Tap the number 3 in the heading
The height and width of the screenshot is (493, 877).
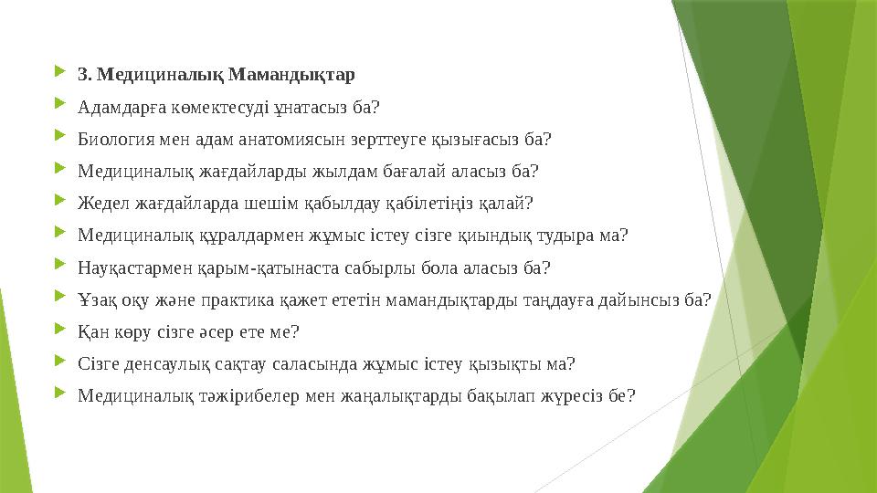tap(82, 73)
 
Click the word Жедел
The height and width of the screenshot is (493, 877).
tap(99, 203)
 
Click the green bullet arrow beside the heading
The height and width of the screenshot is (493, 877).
tap(60, 71)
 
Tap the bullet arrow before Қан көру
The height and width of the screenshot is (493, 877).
tap(60, 330)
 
